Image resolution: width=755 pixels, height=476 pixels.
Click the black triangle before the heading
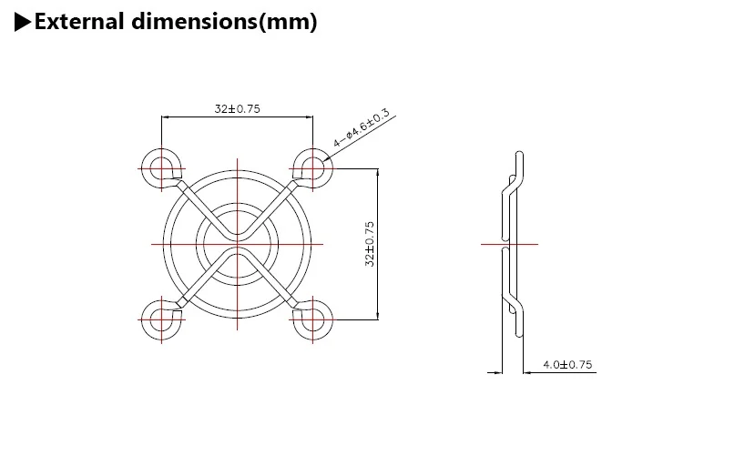pyautogui.click(x=24, y=23)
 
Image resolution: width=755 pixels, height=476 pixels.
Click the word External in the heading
pyautogui.click(x=78, y=23)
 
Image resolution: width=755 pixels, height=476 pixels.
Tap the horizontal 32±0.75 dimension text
pyautogui.click(x=238, y=108)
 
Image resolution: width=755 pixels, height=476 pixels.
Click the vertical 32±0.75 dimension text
pyautogui.click(x=370, y=243)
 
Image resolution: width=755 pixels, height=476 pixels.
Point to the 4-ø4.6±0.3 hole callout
pyautogui.click(x=362, y=128)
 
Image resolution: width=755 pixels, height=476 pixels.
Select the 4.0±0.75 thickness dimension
pyautogui.click(x=567, y=364)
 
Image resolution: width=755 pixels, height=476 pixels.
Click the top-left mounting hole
pyautogui.click(x=161, y=168)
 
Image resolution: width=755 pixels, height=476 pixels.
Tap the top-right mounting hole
pyautogui.click(x=313, y=168)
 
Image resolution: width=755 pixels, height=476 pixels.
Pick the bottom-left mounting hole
pyautogui.click(x=161, y=319)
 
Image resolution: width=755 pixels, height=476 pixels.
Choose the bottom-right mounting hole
pyautogui.click(x=313, y=319)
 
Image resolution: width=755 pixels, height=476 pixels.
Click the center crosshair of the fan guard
pyautogui.click(x=238, y=244)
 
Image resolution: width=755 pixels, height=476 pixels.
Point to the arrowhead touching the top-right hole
pyautogui.click(x=327, y=160)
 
